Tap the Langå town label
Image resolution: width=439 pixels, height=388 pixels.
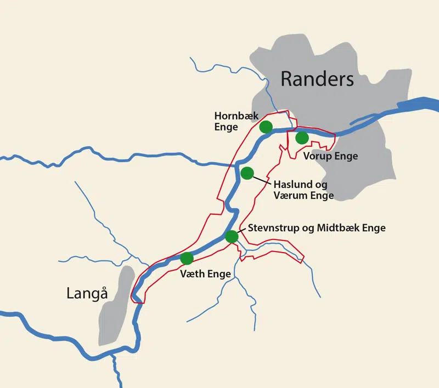(87, 293)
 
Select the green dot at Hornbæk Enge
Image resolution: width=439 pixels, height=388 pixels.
(266, 127)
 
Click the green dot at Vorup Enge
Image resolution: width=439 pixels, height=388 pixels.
(302, 138)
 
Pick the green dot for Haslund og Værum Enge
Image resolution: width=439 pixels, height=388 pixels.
(247, 173)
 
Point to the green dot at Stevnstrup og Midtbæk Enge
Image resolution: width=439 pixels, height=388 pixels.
(232, 237)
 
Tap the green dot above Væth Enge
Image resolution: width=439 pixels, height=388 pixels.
(187, 258)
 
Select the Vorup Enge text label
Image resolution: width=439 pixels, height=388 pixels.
(330, 156)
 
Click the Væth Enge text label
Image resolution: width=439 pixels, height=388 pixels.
(205, 274)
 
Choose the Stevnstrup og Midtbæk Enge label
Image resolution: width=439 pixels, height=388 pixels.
(317, 228)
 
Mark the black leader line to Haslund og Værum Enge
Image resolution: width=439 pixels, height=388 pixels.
(261, 179)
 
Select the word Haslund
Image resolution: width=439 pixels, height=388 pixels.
(291, 184)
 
